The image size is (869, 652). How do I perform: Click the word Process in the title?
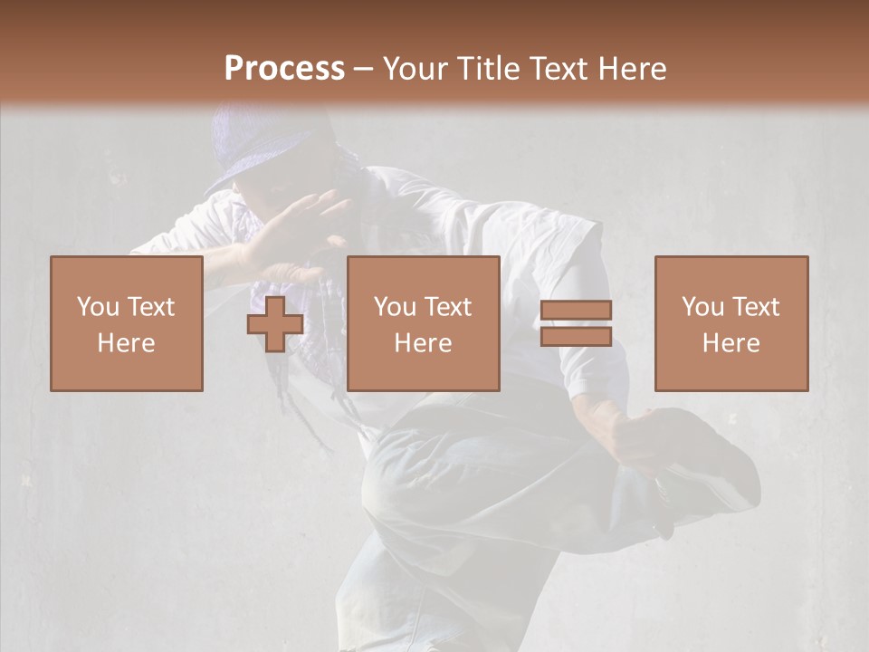284,68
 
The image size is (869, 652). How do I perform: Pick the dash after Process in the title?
363,70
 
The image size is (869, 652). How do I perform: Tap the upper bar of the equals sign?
576,310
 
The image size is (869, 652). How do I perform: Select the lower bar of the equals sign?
576,337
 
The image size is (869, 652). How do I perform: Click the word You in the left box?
97,307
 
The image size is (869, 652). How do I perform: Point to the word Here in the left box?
126,343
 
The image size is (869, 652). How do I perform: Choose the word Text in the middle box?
446,307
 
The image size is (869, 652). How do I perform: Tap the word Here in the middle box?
423,343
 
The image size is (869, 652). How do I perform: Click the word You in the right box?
702,307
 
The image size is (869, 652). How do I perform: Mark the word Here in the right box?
731,343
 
